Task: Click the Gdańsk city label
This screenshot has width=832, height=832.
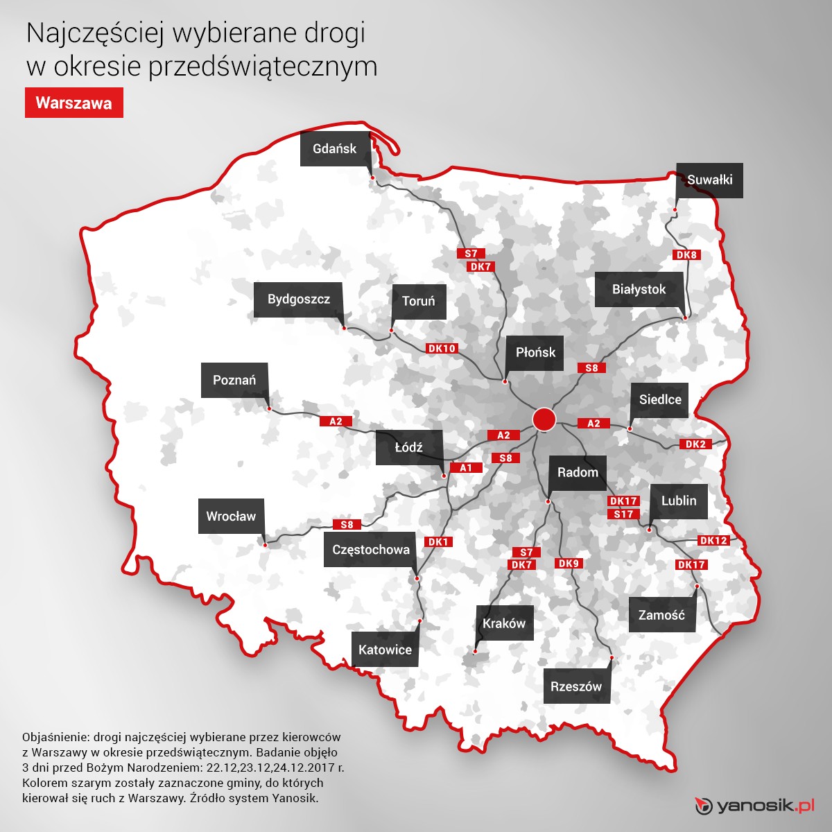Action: point(335,148)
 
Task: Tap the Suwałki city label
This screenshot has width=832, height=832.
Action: point(709,180)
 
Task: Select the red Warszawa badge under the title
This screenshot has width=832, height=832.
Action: point(74,103)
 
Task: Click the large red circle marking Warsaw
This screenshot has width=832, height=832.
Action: point(544,419)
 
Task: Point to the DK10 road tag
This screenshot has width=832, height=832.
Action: point(442,348)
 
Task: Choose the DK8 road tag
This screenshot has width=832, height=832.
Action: point(686,254)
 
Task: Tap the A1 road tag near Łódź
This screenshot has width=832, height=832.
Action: point(466,468)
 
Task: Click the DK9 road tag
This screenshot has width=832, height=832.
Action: point(569,563)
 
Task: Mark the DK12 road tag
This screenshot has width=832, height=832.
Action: point(713,540)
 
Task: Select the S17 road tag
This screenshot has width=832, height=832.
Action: point(623,514)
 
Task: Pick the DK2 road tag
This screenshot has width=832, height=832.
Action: point(695,444)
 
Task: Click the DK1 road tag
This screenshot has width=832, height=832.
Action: point(438,541)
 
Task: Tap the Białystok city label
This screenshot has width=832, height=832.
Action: point(639,289)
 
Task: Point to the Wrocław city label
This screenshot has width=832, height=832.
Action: point(231,516)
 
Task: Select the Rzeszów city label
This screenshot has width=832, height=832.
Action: point(576,686)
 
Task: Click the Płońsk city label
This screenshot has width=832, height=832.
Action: point(535,352)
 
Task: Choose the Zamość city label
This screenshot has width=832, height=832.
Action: point(661,615)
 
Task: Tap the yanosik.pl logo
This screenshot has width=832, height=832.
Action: point(754,806)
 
